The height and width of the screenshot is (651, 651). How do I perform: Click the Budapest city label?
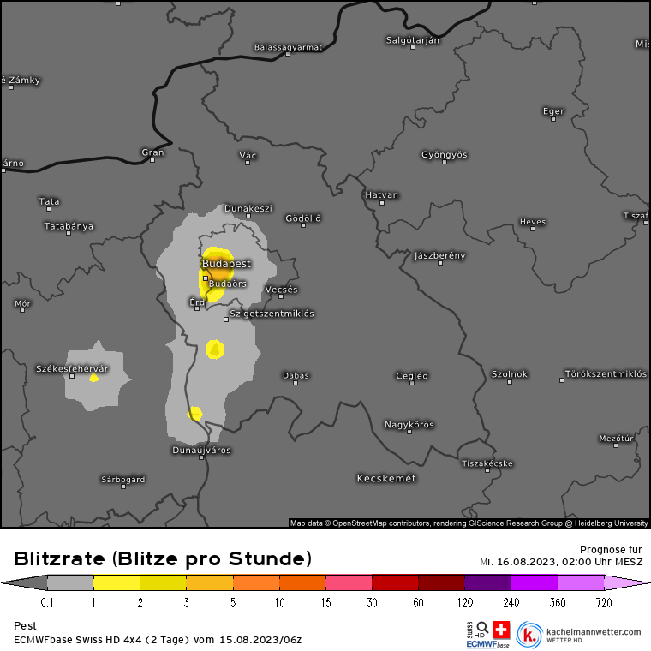[x=227, y=263]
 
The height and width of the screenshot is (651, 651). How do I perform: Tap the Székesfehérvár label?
[x=72, y=368]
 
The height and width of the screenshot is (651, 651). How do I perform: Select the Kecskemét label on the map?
[x=386, y=478]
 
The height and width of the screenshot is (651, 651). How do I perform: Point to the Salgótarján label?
[x=413, y=40]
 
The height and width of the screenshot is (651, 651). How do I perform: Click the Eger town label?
[x=553, y=110]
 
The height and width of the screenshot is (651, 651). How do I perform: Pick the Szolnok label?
[x=509, y=374]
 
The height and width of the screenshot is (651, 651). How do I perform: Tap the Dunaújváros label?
[x=202, y=450]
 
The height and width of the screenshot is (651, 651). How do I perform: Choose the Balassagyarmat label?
[x=288, y=47]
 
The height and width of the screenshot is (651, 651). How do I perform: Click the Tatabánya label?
[x=69, y=226]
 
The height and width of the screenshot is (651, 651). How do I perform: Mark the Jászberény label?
[x=439, y=255]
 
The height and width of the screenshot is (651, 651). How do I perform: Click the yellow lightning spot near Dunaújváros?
[x=194, y=414]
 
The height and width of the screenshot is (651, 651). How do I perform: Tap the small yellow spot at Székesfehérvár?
[x=93, y=378]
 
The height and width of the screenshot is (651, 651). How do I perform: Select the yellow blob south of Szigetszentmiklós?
[x=215, y=349]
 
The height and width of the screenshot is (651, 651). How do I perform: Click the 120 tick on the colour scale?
[x=464, y=602]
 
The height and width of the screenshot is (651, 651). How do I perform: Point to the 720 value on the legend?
[x=603, y=602]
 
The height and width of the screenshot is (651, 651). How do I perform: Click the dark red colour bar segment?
[x=441, y=583]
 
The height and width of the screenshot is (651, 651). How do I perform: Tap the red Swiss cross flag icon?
[x=500, y=630]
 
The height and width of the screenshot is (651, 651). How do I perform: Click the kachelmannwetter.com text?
[x=593, y=632]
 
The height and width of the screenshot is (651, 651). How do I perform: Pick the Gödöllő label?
[x=302, y=218]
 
